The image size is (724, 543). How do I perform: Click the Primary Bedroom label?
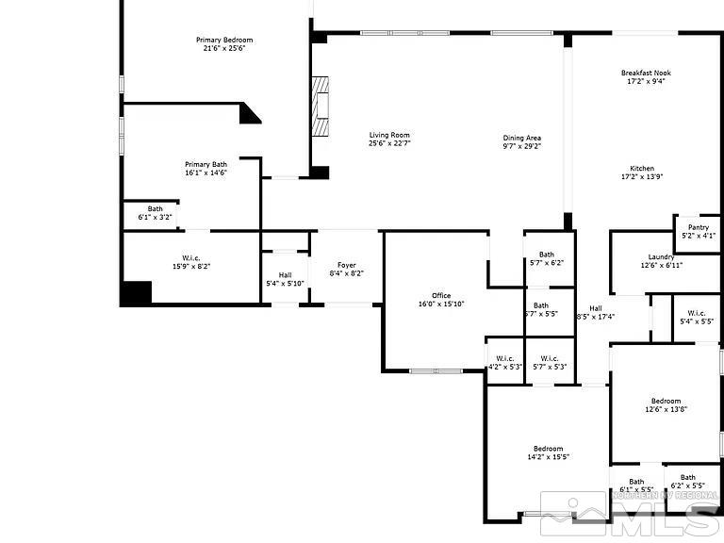click(x=224, y=40)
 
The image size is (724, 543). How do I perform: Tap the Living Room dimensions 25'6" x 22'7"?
click(x=389, y=144)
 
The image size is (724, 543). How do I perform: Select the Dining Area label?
click(x=521, y=138)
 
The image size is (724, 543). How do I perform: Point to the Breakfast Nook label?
click(x=646, y=73)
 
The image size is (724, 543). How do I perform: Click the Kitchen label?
click(x=642, y=169)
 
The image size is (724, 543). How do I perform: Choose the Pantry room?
click(x=698, y=231)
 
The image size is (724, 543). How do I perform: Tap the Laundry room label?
click(x=661, y=256)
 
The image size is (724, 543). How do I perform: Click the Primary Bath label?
click(x=206, y=164)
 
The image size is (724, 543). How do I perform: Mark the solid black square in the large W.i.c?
click(x=136, y=292)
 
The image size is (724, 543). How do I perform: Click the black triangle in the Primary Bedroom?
click(x=250, y=114)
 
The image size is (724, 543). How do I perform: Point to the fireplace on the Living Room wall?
click(x=321, y=103)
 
